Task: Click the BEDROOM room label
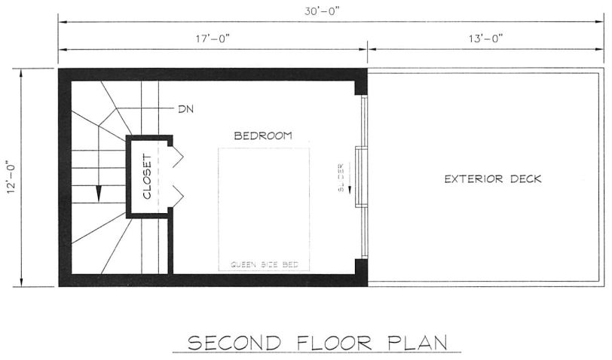point(263,136)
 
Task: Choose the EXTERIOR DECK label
point(493,179)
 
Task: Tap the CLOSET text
point(147,177)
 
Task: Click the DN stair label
point(185,109)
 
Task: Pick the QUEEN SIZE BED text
point(264,264)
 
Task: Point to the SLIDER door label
point(341,177)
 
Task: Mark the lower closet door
point(177,197)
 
